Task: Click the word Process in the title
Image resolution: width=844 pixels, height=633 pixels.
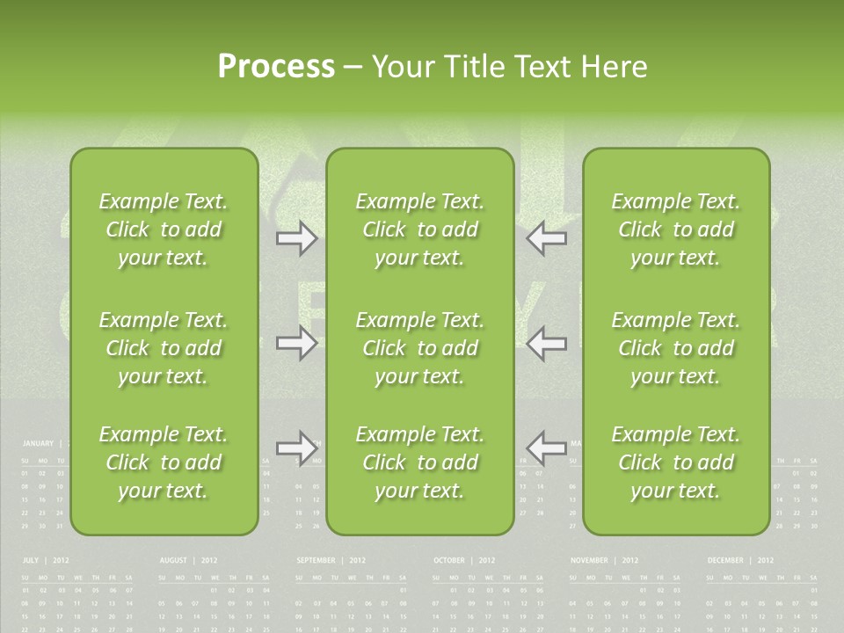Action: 276,67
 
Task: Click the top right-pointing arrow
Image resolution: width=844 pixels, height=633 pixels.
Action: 296,238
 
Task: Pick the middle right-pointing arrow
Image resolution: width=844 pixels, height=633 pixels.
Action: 296,344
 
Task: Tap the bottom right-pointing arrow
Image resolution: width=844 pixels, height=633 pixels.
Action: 296,448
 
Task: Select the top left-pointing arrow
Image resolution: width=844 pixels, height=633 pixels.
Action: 547,238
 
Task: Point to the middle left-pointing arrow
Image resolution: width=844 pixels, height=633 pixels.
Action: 547,344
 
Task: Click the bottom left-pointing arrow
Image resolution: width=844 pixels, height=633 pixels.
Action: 547,448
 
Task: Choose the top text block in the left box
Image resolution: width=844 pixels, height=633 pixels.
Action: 164,229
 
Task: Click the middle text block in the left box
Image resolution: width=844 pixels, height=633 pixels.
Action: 164,348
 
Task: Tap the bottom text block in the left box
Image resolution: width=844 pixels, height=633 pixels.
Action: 164,462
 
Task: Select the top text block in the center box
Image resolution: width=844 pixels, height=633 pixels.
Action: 419,229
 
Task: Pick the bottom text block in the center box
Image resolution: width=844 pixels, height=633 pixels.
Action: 419,462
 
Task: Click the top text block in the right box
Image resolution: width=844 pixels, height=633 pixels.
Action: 675,229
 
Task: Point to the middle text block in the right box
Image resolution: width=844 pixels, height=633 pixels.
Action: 675,348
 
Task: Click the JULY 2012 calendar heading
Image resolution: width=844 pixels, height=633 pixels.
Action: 46,560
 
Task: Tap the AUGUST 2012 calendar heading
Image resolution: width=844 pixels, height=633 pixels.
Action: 188,560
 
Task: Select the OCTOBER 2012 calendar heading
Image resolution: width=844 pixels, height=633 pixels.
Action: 464,560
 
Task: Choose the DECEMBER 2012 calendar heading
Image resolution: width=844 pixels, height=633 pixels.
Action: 740,560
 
